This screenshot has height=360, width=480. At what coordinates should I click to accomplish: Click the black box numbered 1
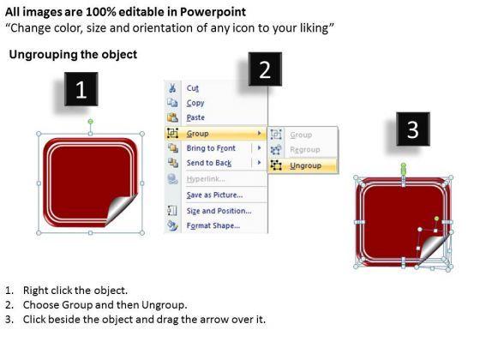pyautogui.click(x=81, y=89)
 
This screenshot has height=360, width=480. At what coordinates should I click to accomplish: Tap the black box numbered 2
pyautogui.click(x=265, y=69)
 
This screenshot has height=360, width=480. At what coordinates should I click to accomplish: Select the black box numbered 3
pyautogui.click(x=413, y=129)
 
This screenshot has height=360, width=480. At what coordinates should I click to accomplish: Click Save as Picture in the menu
pyautogui.click(x=214, y=195)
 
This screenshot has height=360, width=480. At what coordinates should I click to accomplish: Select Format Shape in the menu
pyautogui.click(x=214, y=225)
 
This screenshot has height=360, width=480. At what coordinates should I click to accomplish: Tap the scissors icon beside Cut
pyautogui.click(x=172, y=88)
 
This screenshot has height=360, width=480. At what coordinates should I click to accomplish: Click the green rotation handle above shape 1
pyautogui.click(x=90, y=122)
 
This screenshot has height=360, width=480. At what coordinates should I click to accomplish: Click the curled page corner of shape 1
pyautogui.click(x=121, y=209)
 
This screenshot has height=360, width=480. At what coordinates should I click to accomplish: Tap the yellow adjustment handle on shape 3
pyautogui.click(x=437, y=219)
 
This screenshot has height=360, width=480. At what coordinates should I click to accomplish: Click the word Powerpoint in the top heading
pyautogui.click(x=213, y=12)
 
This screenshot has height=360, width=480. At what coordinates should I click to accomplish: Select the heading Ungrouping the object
pyautogui.click(x=73, y=55)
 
